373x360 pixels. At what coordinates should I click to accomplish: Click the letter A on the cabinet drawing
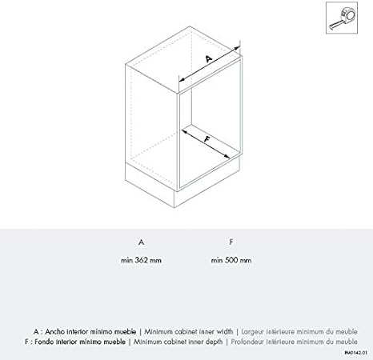point(209,58)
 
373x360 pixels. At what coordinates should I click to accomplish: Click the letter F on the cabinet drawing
point(207,139)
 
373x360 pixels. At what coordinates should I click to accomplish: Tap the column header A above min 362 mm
point(141,241)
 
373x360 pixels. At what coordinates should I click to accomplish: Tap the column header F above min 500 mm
point(231,241)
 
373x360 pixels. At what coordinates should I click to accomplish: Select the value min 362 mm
point(141,260)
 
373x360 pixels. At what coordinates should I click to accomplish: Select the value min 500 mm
point(231,260)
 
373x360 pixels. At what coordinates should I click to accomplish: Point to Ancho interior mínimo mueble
point(89,330)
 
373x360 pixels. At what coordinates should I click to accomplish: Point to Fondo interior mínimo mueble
point(87,341)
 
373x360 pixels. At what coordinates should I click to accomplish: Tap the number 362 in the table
point(141,260)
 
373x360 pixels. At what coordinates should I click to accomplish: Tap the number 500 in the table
point(231,260)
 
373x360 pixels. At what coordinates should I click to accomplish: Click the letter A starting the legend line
point(36,330)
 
